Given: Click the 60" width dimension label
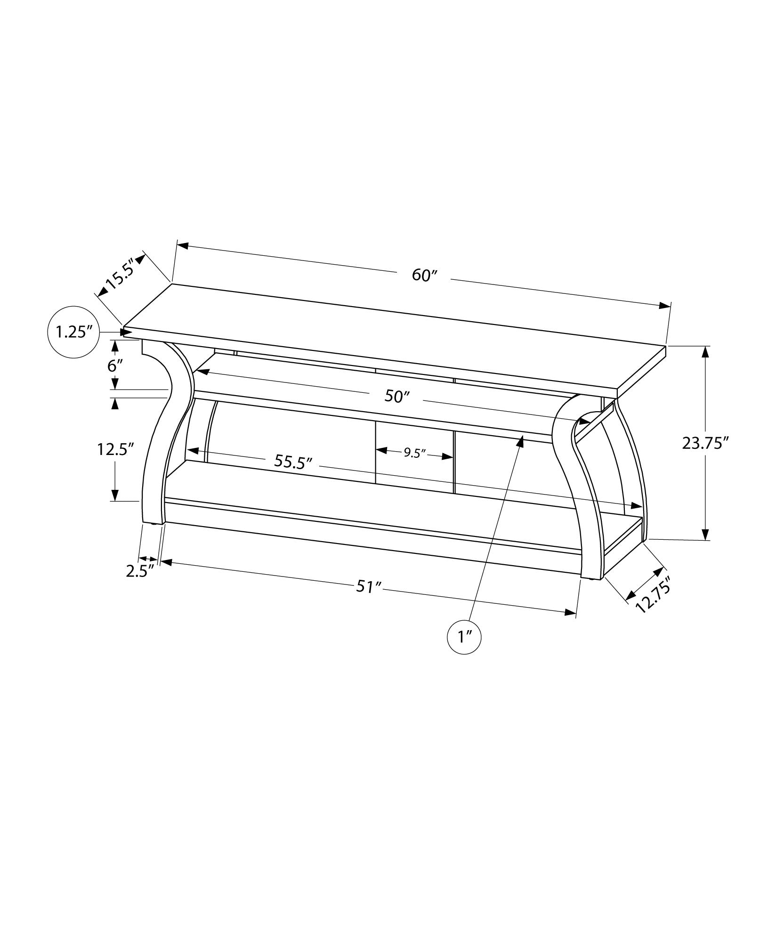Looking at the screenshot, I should [x=425, y=276].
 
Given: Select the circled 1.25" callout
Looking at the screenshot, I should [x=73, y=333].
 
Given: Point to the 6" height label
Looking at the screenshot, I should [x=115, y=365].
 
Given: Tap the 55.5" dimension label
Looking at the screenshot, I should [x=293, y=461].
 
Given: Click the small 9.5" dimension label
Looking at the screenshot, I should [x=414, y=453].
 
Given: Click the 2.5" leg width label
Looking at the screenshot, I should [x=140, y=571].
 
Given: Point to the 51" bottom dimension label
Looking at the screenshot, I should [x=368, y=587].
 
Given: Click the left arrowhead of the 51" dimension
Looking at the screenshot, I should [x=166, y=562].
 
